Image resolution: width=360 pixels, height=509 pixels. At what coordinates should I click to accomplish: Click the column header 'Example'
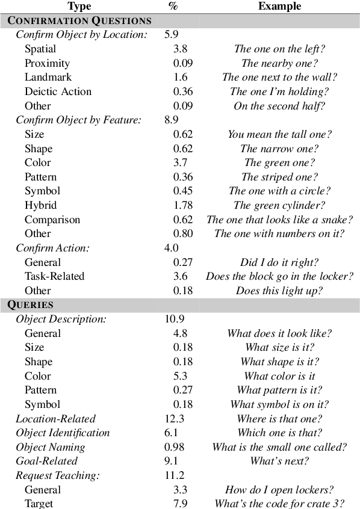click(x=279, y=6)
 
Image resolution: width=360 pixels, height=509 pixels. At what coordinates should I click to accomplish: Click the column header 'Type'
click(x=79, y=6)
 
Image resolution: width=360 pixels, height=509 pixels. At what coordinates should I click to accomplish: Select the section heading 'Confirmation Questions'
click(x=79, y=20)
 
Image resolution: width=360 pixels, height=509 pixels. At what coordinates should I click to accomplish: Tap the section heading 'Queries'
click(x=31, y=304)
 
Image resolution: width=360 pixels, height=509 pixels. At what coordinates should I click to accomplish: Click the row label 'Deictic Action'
click(x=58, y=91)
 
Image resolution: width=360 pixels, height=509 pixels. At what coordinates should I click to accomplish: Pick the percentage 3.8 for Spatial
click(x=180, y=49)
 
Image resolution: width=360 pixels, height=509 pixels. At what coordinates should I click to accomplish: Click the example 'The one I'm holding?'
click(x=280, y=91)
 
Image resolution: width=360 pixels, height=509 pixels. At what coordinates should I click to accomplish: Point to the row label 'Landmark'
click(x=48, y=77)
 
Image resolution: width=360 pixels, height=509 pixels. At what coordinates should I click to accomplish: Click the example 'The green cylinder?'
click(x=280, y=205)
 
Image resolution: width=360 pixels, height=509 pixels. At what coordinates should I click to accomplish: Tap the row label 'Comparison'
click(x=52, y=220)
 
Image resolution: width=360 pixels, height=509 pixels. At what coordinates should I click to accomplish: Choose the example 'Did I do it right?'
click(x=280, y=262)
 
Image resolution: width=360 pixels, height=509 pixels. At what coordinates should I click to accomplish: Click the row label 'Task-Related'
click(x=54, y=276)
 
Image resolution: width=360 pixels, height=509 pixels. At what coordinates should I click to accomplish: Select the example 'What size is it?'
click(x=280, y=347)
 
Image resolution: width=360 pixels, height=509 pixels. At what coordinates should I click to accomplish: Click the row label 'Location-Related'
click(x=55, y=419)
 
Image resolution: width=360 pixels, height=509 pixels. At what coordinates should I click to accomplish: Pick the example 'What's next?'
click(x=280, y=461)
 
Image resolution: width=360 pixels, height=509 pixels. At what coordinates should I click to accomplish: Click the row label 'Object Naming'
click(x=50, y=447)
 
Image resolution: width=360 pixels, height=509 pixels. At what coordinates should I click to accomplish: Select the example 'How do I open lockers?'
click(x=280, y=490)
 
